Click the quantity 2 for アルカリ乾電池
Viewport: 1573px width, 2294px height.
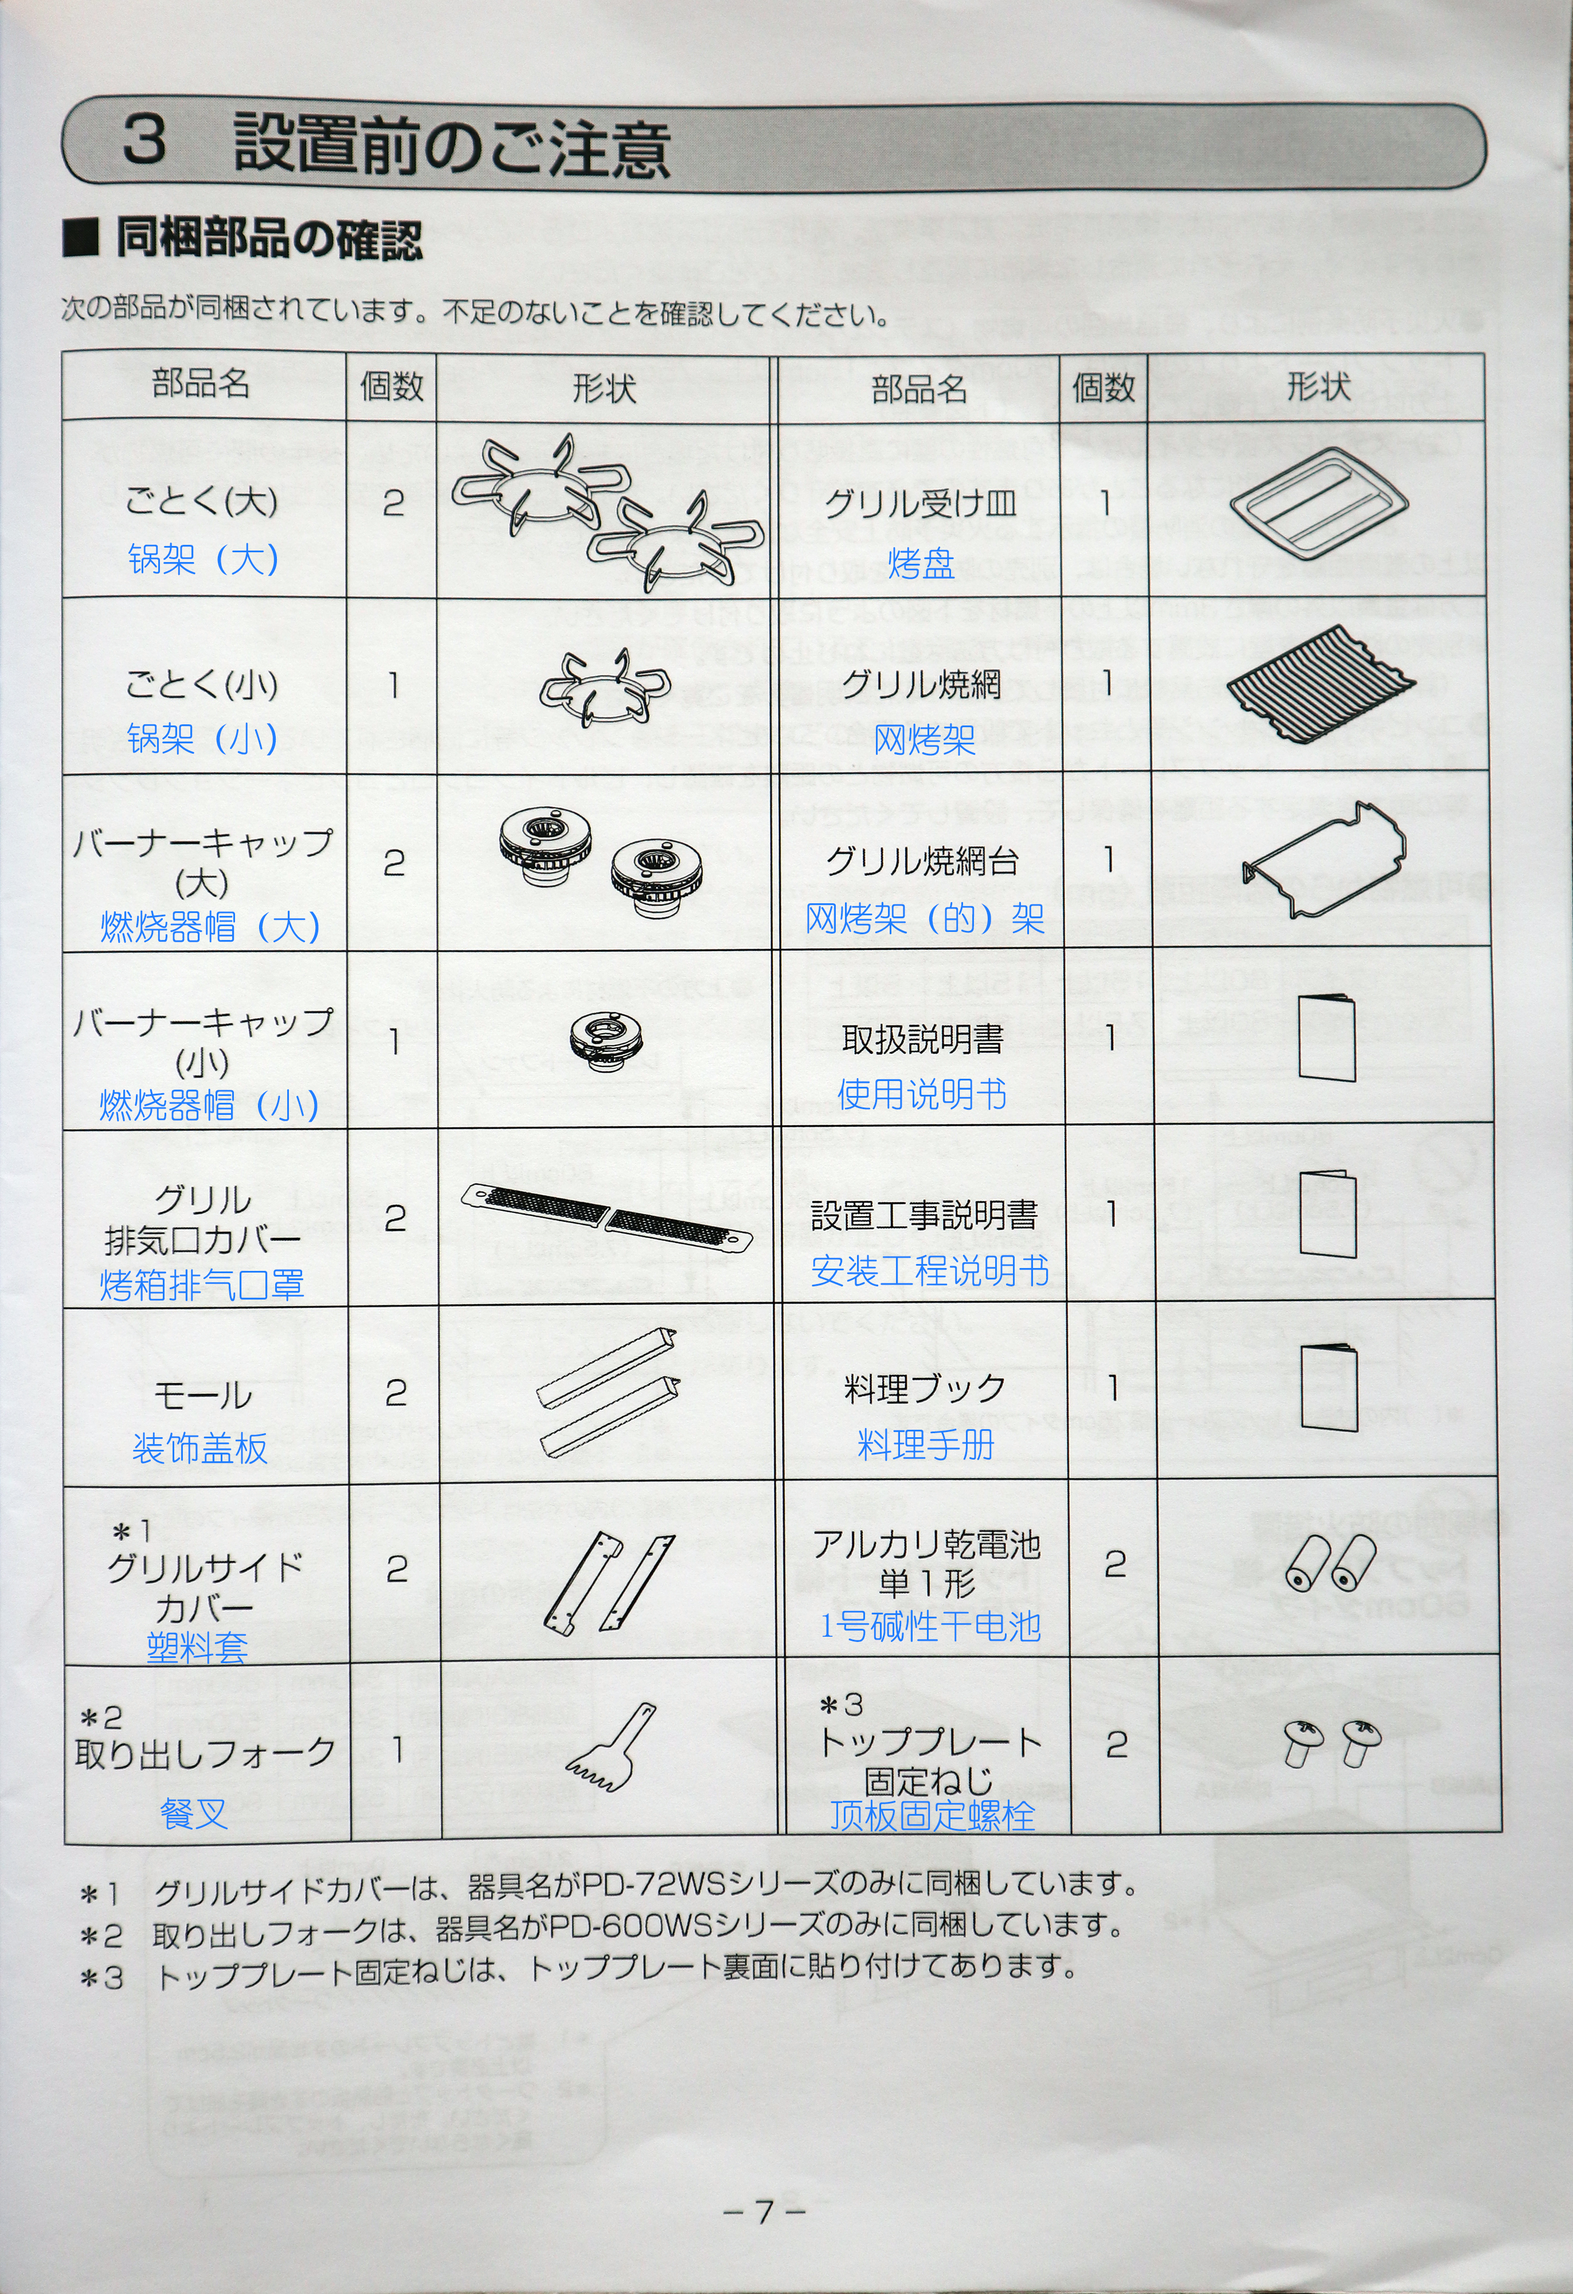[x=1115, y=1563]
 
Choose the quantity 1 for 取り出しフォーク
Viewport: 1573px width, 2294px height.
[x=396, y=1750]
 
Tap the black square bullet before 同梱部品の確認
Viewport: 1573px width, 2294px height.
[x=81, y=240]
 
